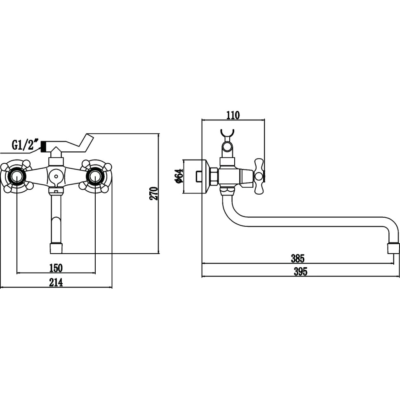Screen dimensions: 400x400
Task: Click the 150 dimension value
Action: click(x=56, y=268)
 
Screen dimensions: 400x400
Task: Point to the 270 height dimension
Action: click(x=153, y=193)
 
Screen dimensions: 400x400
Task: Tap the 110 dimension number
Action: click(x=233, y=115)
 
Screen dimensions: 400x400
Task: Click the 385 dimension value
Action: click(x=297, y=259)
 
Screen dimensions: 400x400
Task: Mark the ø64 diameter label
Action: click(x=178, y=176)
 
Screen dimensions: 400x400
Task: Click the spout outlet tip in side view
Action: click(x=393, y=248)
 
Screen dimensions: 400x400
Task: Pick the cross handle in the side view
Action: click(x=259, y=176)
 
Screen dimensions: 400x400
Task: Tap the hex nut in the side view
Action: click(x=214, y=176)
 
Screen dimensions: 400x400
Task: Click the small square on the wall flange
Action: click(x=200, y=176)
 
